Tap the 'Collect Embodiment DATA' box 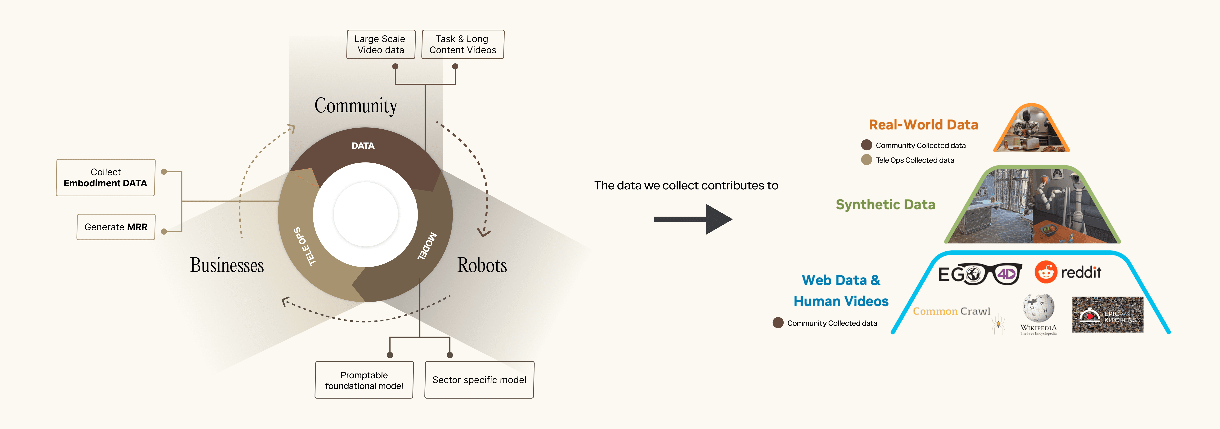point(106,178)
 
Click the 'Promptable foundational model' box point(364,380)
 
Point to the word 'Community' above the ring point(356,106)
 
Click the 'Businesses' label point(227,265)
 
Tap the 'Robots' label point(482,265)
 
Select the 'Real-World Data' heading point(923,125)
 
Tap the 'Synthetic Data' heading point(885,205)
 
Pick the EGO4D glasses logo point(979,274)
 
